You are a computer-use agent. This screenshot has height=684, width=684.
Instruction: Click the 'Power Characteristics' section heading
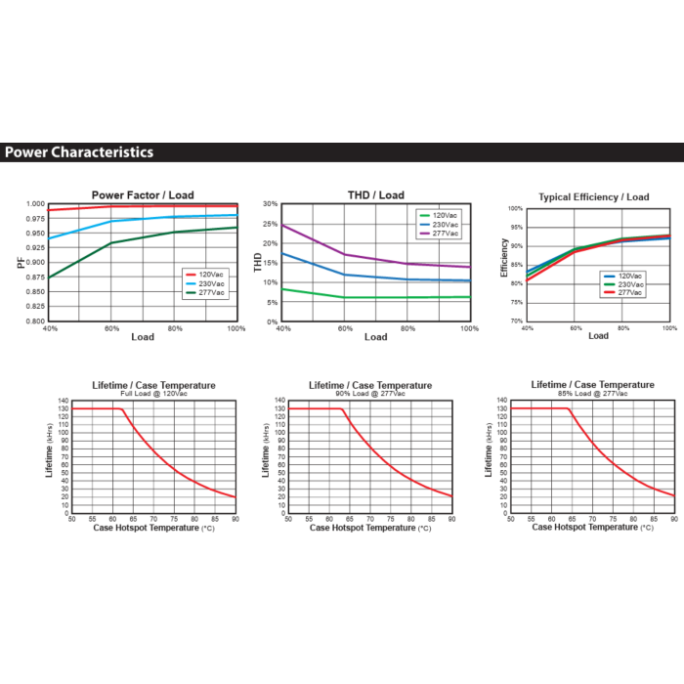[79, 152]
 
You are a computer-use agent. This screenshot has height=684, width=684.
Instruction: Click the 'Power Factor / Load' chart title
[143, 195]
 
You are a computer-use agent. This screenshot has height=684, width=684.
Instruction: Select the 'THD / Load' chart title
[376, 195]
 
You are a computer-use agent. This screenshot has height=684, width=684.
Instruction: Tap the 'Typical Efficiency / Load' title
[594, 197]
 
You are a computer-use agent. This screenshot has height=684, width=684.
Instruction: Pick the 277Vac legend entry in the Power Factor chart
[205, 293]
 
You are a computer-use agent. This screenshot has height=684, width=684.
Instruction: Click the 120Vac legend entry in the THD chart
[439, 216]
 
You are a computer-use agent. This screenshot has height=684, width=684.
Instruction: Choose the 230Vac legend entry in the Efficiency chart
[623, 284]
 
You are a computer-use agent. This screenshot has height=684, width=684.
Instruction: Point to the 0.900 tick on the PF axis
[35, 262]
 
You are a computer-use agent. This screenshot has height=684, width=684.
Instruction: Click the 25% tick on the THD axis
[270, 224]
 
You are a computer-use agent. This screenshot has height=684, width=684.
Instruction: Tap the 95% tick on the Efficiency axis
[517, 228]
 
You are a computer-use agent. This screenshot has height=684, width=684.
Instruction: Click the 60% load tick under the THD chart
[345, 328]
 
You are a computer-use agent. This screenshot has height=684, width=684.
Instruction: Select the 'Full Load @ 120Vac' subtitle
[153, 394]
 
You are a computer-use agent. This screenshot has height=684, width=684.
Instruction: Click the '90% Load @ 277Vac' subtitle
[370, 394]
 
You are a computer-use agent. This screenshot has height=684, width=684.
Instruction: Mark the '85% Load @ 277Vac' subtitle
[592, 394]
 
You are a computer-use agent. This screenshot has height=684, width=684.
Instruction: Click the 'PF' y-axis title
[21, 262]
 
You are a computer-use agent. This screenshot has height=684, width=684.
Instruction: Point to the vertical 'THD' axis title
[257, 262]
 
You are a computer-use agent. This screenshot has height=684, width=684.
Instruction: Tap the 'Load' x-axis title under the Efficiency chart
[598, 336]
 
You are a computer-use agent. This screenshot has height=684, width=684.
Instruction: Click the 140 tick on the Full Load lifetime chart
[64, 401]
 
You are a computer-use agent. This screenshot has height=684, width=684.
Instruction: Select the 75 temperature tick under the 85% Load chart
[613, 519]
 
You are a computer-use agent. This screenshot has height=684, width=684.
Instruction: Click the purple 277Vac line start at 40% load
[282, 225]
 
